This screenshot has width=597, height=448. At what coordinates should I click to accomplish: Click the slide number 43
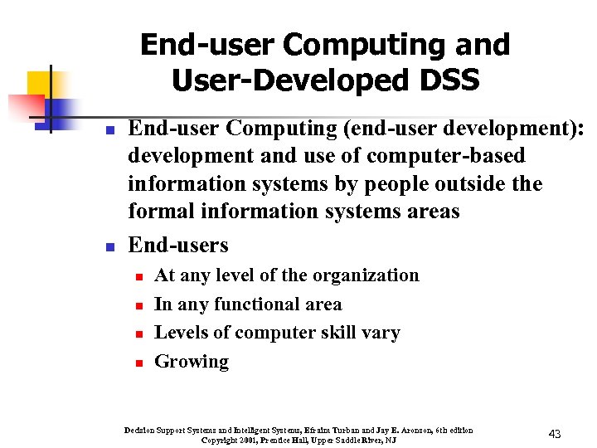click(x=556, y=434)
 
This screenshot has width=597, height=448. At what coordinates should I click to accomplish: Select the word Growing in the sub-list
click(x=192, y=362)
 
